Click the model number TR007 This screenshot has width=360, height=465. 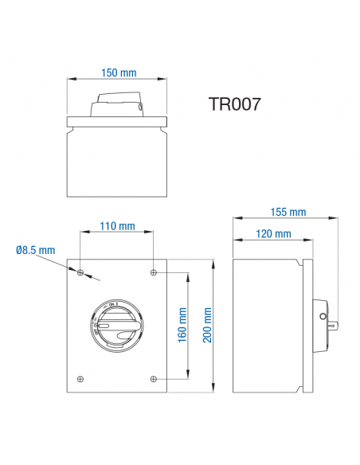(234, 104)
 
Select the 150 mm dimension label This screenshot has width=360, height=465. (118, 72)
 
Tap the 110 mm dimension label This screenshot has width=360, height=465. (117, 226)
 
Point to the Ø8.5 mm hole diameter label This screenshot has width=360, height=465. (35, 250)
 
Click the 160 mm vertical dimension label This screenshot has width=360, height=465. (182, 325)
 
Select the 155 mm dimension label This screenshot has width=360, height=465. (288, 212)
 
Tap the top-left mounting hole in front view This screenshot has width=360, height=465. (80, 272)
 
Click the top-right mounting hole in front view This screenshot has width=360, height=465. (152, 272)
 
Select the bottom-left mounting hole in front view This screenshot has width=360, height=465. (80, 378)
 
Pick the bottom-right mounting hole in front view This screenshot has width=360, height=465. (152, 378)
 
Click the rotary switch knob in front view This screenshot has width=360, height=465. (116, 326)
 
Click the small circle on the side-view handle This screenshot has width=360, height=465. (322, 316)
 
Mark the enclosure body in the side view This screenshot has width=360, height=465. (264, 325)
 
